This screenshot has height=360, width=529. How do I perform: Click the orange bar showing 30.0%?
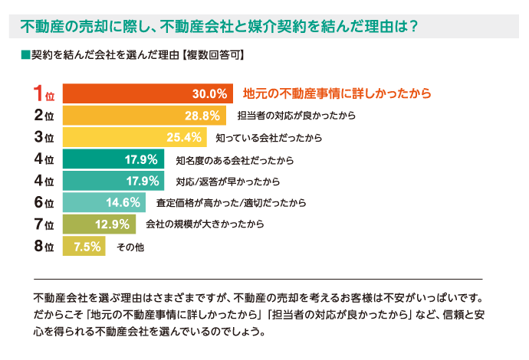(x=146, y=94)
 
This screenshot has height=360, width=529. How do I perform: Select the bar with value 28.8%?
(x=143, y=116)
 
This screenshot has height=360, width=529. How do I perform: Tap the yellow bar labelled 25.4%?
(x=134, y=138)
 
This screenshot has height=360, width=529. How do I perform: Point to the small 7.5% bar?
(x=84, y=247)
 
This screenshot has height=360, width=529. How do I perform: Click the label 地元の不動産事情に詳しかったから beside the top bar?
(x=337, y=94)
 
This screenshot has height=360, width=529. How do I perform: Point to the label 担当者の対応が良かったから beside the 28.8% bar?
(x=297, y=116)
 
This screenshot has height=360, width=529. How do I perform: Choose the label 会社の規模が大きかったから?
(x=205, y=224)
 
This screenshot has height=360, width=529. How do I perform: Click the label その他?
(x=130, y=247)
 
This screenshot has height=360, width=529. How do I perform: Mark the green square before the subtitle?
(x=25, y=55)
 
